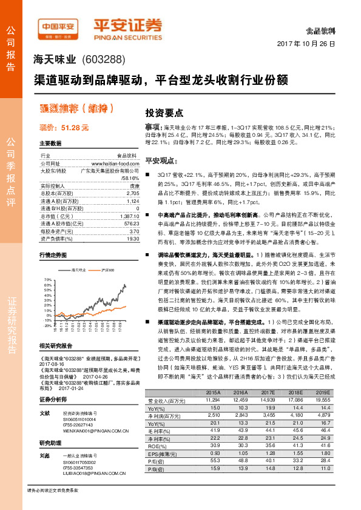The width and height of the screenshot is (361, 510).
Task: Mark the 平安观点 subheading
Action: [160, 160]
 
